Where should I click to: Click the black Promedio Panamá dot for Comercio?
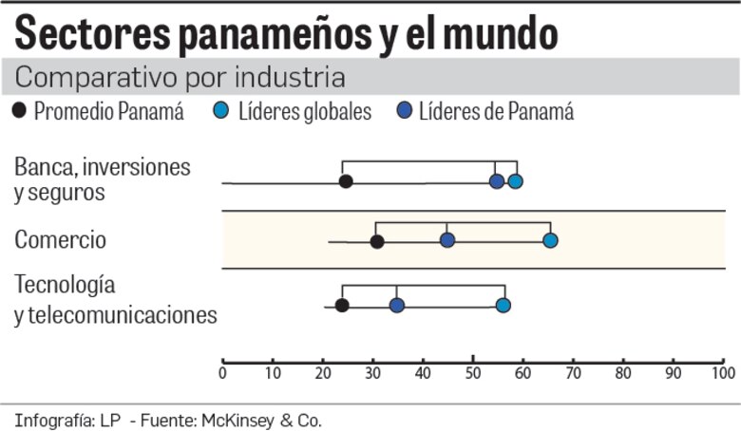pyautogui.click(x=377, y=241)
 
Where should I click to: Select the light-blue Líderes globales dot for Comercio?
pyautogui.click(x=550, y=240)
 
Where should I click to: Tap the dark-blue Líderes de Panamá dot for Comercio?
pyautogui.click(x=447, y=240)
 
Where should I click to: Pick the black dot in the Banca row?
pyautogui.click(x=346, y=181)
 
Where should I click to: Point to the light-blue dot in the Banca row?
pyautogui.click(x=515, y=181)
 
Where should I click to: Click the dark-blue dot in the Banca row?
pyautogui.click(x=497, y=181)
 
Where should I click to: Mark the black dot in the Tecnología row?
pyautogui.click(x=342, y=305)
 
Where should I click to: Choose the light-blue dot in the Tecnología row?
pyautogui.click(x=503, y=305)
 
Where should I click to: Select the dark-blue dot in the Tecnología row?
pyautogui.click(x=397, y=305)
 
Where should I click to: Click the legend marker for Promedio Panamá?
pyautogui.click(x=21, y=112)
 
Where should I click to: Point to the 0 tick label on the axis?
pyautogui.click(x=222, y=374)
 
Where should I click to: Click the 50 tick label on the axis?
pyautogui.click(x=473, y=374)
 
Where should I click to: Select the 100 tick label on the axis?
pyautogui.click(x=723, y=374)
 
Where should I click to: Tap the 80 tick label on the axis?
pyautogui.click(x=623, y=374)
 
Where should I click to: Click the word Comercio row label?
pyautogui.click(x=60, y=240)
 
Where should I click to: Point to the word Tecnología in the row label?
pyautogui.click(x=65, y=285)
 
